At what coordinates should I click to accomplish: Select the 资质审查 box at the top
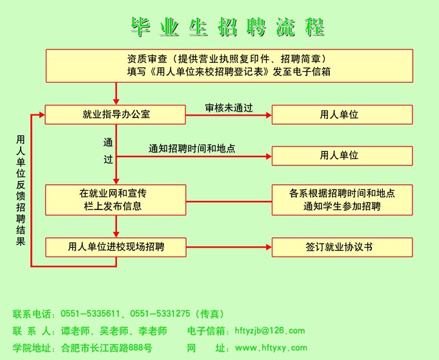[x=229, y=65]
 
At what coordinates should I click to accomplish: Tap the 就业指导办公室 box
[x=116, y=114]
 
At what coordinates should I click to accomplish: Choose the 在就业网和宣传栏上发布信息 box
[x=116, y=200]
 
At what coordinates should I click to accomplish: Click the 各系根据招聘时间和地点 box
[x=342, y=200]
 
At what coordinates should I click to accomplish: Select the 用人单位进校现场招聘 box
[x=116, y=246]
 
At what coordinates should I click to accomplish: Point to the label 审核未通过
[x=229, y=107]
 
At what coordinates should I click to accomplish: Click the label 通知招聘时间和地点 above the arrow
[x=192, y=148]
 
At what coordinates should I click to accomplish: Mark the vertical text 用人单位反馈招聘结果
[x=21, y=190]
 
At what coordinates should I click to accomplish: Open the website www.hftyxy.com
[x=271, y=348]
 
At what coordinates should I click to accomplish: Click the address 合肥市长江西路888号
[x=107, y=348]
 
